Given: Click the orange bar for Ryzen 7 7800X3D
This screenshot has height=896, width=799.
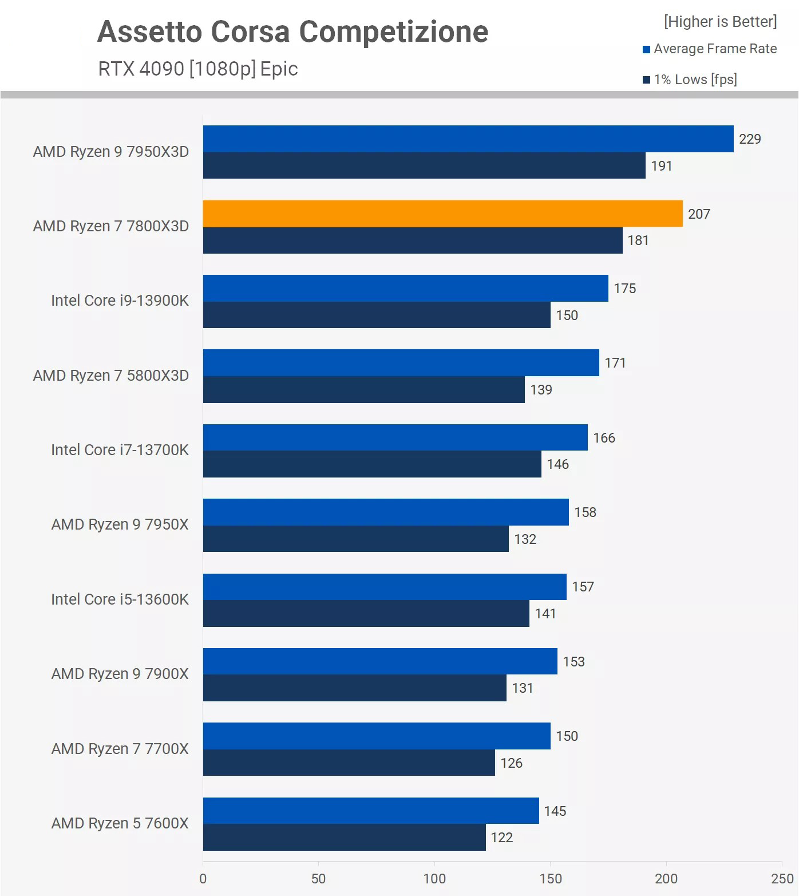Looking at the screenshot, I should [x=442, y=214].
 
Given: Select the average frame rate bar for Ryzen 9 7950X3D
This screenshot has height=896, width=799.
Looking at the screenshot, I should [x=468, y=139].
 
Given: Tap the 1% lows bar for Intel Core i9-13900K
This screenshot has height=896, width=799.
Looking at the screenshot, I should [x=376, y=315].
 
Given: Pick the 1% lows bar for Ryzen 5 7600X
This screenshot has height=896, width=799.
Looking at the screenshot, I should [x=344, y=837].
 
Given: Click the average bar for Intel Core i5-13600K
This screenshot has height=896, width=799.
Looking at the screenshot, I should [x=384, y=587].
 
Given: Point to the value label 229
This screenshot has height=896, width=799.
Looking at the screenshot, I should [x=750, y=139].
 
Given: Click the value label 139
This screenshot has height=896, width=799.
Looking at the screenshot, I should [x=541, y=390].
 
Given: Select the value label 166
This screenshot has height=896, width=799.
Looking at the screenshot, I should [x=604, y=438].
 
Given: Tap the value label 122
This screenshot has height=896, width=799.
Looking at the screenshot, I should [x=501, y=838].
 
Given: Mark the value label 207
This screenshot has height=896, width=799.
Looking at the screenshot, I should [x=699, y=214].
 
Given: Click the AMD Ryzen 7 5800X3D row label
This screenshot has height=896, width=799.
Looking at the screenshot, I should [x=110, y=376].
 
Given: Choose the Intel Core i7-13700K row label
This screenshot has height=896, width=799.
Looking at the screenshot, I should [x=120, y=450].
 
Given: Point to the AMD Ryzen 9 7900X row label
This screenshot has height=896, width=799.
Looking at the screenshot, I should [x=120, y=674].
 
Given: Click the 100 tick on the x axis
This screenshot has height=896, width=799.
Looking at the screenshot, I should [x=434, y=879].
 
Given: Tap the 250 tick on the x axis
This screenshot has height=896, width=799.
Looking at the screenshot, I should [x=782, y=879].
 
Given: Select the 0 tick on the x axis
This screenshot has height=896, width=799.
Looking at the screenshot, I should [x=203, y=879].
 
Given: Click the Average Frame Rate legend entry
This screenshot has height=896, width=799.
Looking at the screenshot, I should [x=715, y=49].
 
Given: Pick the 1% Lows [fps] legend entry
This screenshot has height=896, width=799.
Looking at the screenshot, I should [x=695, y=80].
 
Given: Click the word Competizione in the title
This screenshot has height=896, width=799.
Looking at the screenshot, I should [x=394, y=31].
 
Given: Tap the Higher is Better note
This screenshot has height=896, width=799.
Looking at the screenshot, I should [x=720, y=22].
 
